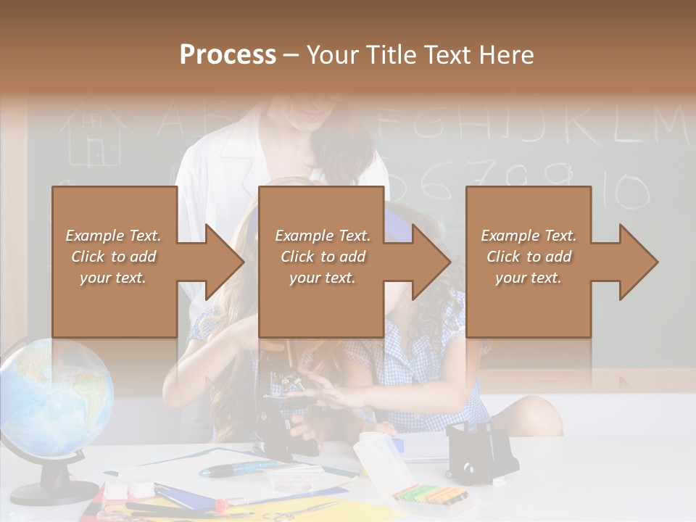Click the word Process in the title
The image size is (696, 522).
[228, 55]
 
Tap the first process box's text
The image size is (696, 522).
[114, 256]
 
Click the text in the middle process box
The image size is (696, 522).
[323, 256]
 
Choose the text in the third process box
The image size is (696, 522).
[529, 256]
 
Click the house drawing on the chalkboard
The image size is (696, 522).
[91, 134]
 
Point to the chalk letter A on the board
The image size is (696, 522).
[173, 120]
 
